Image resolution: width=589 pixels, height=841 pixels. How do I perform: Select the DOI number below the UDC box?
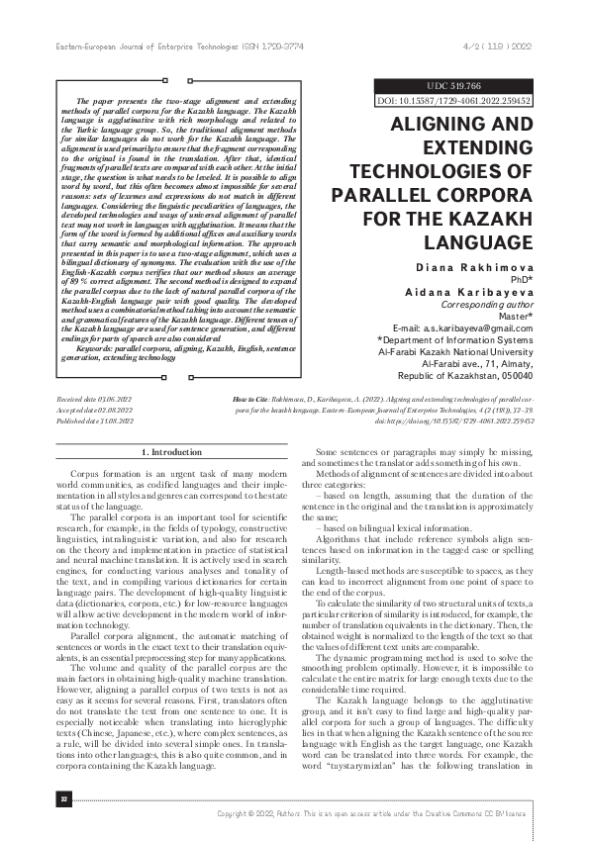[468, 101]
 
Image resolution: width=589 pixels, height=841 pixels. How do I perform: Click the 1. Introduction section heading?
[172, 452]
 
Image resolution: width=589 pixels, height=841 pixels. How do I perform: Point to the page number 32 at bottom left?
[38, 797]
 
